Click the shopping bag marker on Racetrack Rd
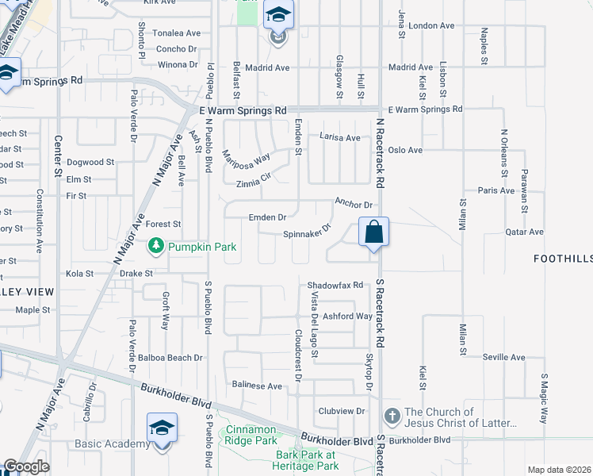pos(374,233)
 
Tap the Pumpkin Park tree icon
pos(158,248)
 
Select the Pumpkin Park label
pos(202,248)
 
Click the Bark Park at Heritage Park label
pos(306,460)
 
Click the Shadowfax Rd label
pos(335,285)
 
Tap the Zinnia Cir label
pos(258,179)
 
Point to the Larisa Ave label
pos(339,137)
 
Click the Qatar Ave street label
pos(524,232)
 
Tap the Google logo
pos(26,466)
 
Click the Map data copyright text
pos(560,470)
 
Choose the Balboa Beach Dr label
pos(170,358)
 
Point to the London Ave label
pos(432,25)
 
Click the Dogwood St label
pos(90,162)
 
